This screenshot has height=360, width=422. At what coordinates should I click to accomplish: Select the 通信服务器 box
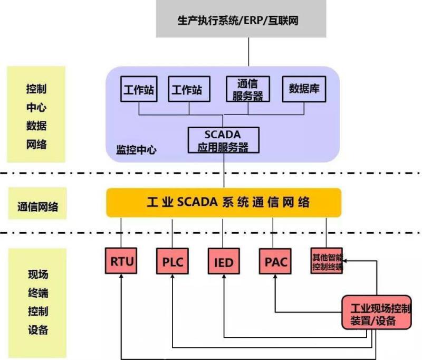click(247, 89)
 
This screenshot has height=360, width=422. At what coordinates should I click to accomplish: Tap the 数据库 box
click(304, 89)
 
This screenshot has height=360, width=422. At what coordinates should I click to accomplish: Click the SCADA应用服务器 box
click(224, 140)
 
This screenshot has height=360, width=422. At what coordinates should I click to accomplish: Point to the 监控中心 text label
click(136, 150)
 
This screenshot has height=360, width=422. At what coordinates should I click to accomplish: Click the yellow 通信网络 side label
click(37, 207)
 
